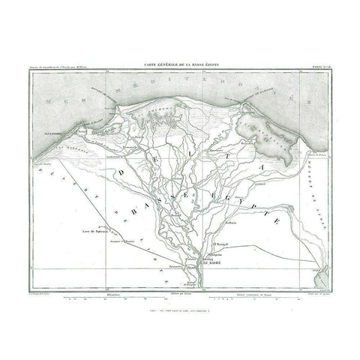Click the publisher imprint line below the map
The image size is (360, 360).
pos(180,309)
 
